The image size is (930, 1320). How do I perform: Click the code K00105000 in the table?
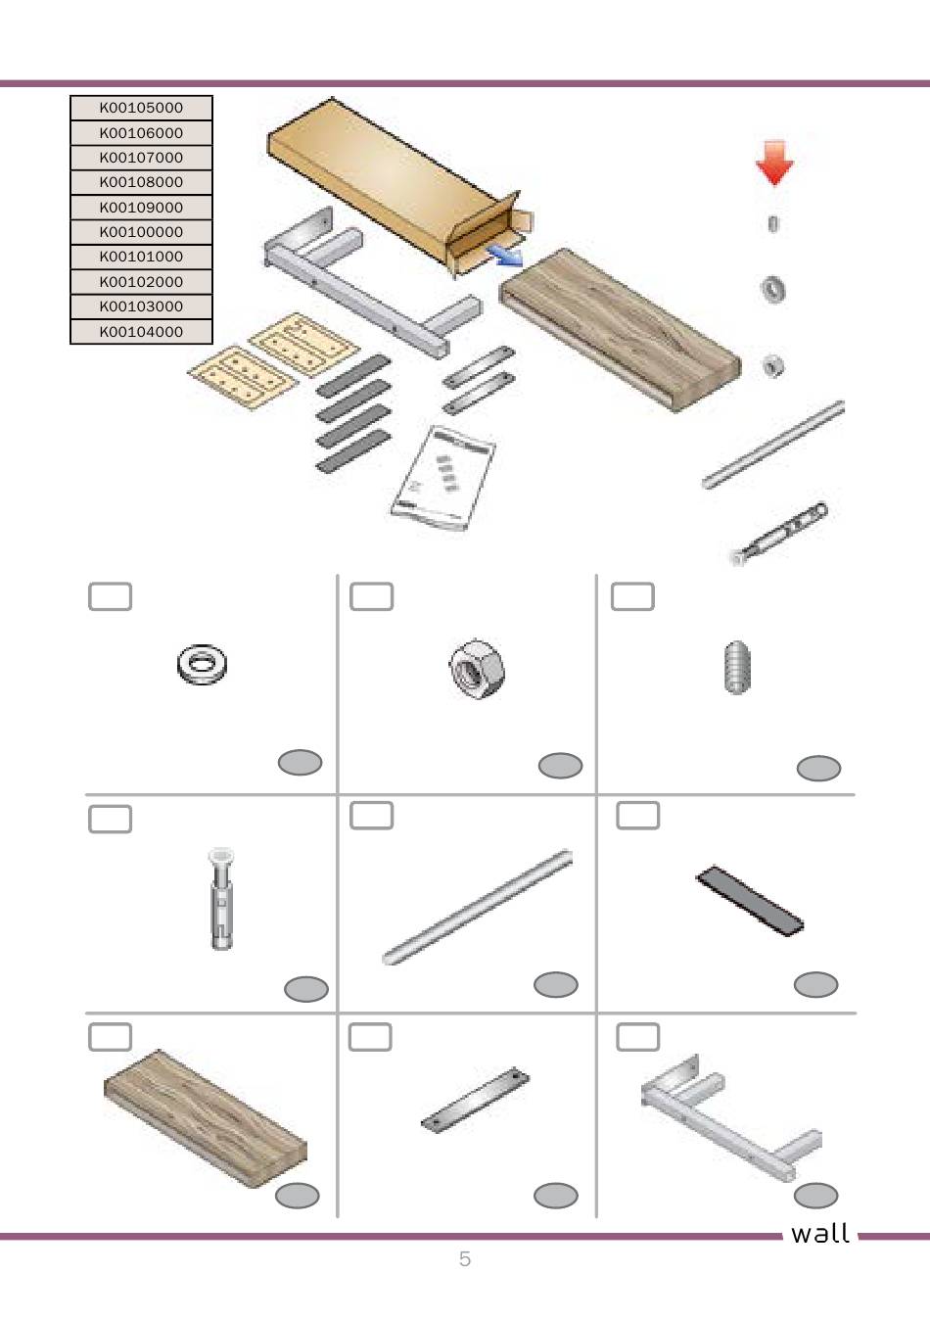click(x=141, y=108)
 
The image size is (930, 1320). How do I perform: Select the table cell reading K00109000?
click(x=141, y=208)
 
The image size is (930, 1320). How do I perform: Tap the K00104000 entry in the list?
click(x=141, y=332)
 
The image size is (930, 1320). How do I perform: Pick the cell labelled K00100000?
click(x=141, y=232)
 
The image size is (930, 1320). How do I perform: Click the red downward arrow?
click(x=774, y=163)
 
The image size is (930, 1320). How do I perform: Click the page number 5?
click(x=465, y=1258)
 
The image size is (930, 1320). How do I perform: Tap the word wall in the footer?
click(x=819, y=1234)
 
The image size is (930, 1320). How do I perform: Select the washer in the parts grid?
click(x=202, y=664)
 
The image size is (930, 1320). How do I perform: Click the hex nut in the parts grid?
click(x=477, y=669)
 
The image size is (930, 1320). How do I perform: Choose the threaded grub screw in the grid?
click(x=737, y=667)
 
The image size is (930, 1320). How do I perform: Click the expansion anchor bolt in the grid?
click(x=221, y=898)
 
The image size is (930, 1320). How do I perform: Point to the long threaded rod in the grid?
click(x=477, y=907)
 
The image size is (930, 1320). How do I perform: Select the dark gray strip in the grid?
click(x=750, y=900)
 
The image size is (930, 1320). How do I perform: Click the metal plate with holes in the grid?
click(x=475, y=1099)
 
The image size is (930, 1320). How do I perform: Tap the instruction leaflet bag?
click(x=442, y=478)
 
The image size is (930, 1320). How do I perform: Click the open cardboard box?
click(x=400, y=186)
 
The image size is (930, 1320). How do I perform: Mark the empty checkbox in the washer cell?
click(x=111, y=597)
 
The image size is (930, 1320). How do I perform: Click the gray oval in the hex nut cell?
click(x=560, y=765)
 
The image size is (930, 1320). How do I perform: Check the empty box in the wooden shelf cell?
click(x=111, y=1037)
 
